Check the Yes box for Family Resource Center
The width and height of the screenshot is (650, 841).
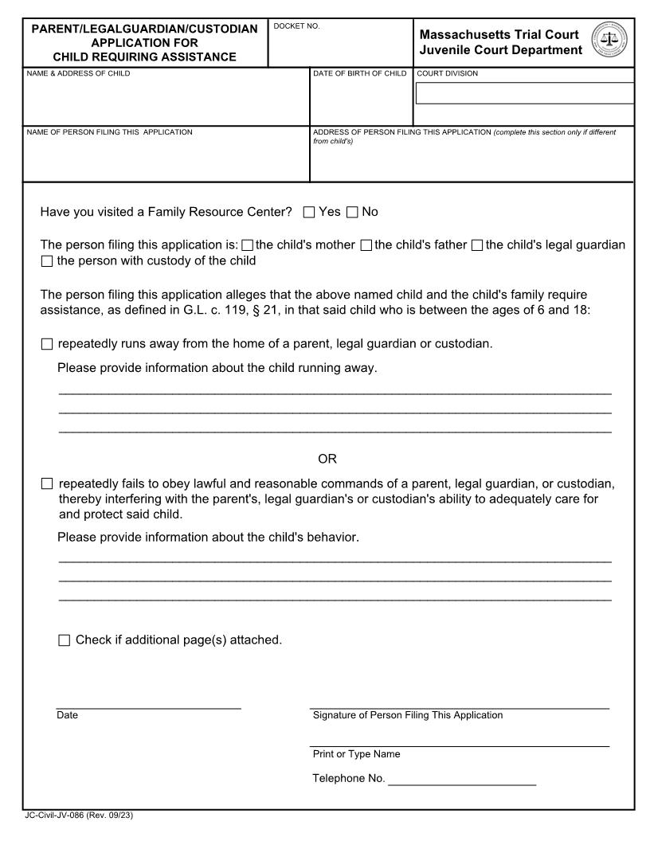tap(309, 212)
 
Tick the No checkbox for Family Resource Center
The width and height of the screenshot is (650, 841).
tap(352, 212)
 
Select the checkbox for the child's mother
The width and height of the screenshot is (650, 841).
tap(247, 245)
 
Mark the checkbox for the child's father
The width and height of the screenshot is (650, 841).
tap(366, 245)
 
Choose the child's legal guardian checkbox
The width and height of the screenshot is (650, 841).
tap(477, 245)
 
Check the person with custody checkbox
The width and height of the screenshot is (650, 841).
tap(46, 261)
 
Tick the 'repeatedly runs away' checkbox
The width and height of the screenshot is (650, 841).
tap(46, 344)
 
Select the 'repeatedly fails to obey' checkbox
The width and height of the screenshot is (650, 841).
tap(46, 483)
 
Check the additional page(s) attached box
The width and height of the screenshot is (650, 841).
tap(65, 640)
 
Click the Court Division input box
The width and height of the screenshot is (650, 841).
tap(524, 93)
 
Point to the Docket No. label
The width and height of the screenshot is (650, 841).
tap(296, 26)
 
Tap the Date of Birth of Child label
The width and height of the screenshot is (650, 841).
tap(359, 74)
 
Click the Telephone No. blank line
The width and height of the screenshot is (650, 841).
tap(461, 779)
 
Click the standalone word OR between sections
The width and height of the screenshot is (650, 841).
tap(327, 459)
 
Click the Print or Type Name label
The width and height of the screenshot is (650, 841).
tap(356, 754)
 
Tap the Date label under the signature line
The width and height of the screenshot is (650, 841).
tap(68, 715)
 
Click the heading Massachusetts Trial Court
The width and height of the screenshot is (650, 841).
tap(499, 34)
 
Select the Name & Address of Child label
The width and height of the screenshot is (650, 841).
tap(78, 74)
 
